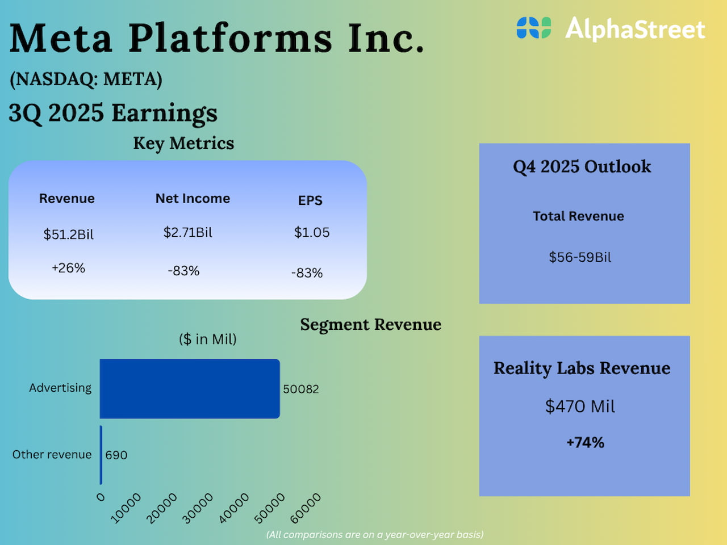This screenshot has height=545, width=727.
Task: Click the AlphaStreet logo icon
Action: (x=533, y=28)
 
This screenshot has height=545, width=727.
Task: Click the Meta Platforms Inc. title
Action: (x=217, y=39)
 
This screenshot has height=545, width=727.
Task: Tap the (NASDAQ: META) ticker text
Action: (x=86, y=79)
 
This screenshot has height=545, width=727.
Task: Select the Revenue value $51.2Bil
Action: (x=68, y=234)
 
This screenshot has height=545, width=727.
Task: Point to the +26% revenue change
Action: (x=68, y=268)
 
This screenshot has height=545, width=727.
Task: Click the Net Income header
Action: (x=193, y=198)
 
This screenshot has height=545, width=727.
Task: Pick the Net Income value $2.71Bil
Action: (x=187, y=232)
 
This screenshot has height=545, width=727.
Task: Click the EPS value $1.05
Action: (x=311, y=232)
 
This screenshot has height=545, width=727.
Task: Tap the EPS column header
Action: (x=310, y=200)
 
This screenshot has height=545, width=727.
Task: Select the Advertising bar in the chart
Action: (x=190, y=389)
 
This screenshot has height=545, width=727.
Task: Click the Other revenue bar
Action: (x=101, y=455)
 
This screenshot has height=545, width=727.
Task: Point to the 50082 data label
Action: (x=301, y=389)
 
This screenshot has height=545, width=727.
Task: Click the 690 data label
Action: (x=116, y=455)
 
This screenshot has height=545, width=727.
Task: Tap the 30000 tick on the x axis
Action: (x=198, y=508)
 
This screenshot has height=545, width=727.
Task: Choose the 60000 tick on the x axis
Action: (x=306, y=508)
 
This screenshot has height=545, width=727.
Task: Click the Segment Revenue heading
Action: (x=370, y=324)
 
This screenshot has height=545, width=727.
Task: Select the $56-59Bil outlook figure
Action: (x=580, y=257)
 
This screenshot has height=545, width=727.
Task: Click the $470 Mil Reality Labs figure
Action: (x=580, y=406)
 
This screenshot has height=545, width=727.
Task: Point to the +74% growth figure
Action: (x=585, y=442)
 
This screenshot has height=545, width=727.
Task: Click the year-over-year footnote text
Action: (x=375, y=534)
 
